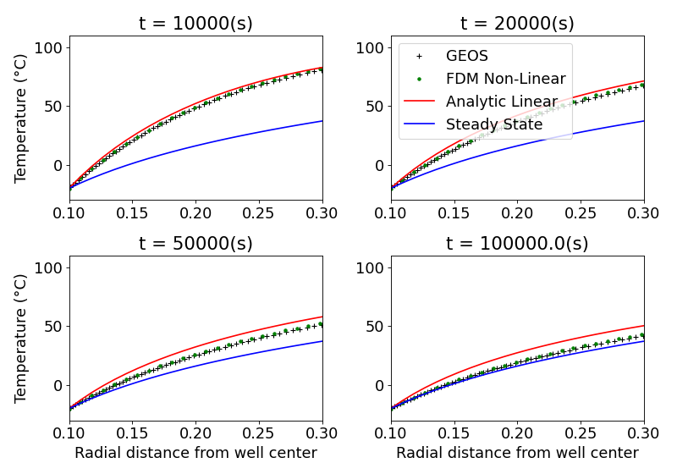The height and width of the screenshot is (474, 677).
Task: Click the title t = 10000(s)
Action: pyautogui.click(x=195, y=24)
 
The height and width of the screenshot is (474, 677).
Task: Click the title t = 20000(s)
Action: pyautogui.click(x=517, y=24)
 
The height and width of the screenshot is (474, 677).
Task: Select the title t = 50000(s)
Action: pyautogui.click(x=195, y=244)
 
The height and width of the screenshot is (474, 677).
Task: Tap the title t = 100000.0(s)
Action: pyautogui.click(x=517, y=244)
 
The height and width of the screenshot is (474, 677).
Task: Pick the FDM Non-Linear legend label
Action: pyautogui.click(x=505, y=79)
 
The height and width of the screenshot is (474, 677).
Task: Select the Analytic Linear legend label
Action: pyautogui.click(x=501, y=102)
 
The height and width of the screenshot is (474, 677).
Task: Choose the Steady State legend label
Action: pyautogui.click(x=494, y=124)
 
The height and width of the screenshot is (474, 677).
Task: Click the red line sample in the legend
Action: pyautogui.click(x=419, y=102)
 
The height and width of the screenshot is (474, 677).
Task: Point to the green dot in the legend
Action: pyautogui.click(x=419, y=79)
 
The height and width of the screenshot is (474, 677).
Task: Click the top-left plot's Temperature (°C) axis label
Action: pyautogui.click(x=21, y=118)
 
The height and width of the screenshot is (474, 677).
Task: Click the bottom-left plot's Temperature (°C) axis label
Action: pyautogui.click(x=21, y=338)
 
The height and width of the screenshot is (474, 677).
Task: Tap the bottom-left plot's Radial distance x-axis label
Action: pyautogui.click(x=195, y=453)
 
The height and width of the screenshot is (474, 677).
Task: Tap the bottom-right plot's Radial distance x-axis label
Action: pyautogui.click(x=517, y=453)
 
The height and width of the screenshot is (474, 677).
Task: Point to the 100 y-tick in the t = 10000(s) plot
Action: pyautogui.click(x=48, y=47)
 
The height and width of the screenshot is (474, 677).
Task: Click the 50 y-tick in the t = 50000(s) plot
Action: pyautogui.click(x=53, y=326)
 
